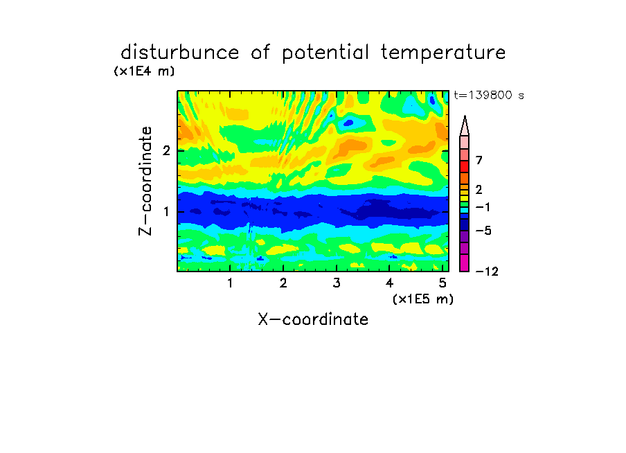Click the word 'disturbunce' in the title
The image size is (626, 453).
pos(179,52)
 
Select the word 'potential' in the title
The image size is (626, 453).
pos(325,53)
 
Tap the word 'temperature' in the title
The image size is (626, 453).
pos(443,53)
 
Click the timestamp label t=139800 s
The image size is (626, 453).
pos(489,95)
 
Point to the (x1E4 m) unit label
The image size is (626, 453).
pos(144,71)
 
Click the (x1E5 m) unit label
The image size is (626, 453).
pos(423,299)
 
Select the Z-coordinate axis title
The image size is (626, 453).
pos(145,181)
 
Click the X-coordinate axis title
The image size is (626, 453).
pos(313,319)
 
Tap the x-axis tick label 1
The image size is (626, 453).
pos(231,283)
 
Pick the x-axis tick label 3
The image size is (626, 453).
pos(337,283)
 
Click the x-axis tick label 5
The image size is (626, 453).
pos(442,283)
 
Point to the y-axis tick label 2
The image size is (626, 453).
pos(166,150)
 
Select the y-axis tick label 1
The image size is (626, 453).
pos(166,211)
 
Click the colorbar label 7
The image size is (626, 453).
pos(479,160)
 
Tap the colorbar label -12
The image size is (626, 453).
pos(487,272)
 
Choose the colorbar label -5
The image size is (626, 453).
pos(483,231)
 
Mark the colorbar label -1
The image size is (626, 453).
pos(483,207)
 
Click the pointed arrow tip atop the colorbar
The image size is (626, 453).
pos(465,116)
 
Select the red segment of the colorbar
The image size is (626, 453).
pos(465,166)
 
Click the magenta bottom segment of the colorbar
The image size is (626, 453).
pos(465,263)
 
